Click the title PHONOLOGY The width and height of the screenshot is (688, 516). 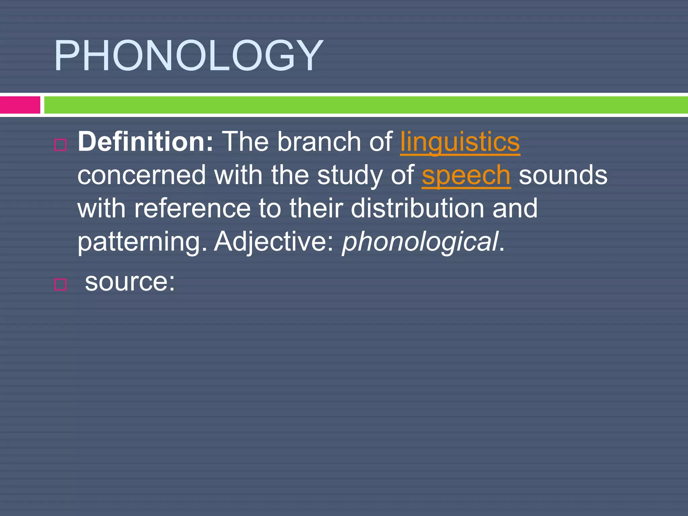[x=188, y=55]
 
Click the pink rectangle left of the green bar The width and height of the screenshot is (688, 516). [x=20, y=105]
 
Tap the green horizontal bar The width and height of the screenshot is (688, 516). [x=365, y=105]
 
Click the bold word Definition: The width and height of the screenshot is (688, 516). [x=145, y=142]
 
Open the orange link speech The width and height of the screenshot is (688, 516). [x=466, y=175]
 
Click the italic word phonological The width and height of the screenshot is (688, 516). [x=420, y=242]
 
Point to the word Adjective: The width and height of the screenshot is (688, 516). [x=274, y=242]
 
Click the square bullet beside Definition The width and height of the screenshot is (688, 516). [x=60, y=145]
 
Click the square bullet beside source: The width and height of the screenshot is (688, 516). [x=60, y=284]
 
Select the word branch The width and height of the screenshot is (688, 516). [x=319, y=142]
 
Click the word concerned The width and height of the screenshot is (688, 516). [x=141, y=175]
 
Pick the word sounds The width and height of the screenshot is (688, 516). [x=563, y=175]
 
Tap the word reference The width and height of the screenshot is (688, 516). [x=192, y=208]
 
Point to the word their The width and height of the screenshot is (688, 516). [x=316, y=208]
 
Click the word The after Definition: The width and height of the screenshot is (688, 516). [x=245, y=142]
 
